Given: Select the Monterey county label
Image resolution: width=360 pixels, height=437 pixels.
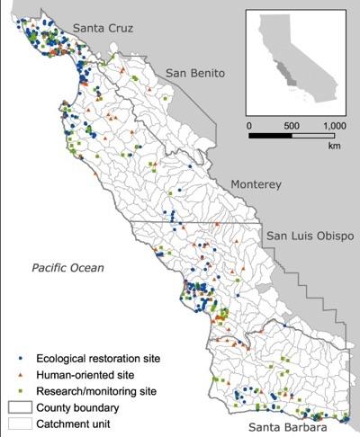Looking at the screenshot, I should click(256, 183).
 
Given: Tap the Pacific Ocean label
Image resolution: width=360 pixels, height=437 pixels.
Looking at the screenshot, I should click(68, 268).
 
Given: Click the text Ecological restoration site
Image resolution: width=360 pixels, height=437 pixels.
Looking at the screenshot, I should click(99, 359).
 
